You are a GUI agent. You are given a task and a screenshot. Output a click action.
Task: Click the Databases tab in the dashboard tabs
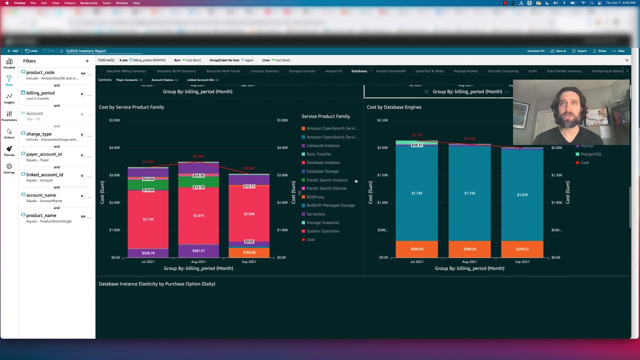point(359,71)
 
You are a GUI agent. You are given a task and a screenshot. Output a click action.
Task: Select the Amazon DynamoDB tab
point(390,71)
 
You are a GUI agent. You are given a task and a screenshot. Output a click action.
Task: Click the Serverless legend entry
point(315,214)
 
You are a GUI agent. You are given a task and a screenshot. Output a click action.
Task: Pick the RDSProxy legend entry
point(315,197)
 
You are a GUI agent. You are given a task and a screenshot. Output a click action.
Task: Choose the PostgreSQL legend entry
point(591,154)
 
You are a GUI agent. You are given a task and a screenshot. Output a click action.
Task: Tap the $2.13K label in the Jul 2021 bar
point(148,219)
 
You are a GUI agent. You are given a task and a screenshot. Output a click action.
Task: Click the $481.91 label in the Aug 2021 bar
point(198,250)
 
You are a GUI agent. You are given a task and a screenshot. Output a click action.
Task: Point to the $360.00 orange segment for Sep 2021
point(249,252)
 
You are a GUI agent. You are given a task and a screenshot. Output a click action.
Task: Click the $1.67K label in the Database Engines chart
point(522,194)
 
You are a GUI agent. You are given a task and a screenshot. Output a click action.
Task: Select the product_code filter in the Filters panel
point(40,72)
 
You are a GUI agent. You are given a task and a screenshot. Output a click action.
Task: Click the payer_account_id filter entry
point(44,154)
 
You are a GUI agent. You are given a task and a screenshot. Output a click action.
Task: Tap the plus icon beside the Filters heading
point(87,61)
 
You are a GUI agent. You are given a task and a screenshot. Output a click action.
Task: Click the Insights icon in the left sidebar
point(9,98)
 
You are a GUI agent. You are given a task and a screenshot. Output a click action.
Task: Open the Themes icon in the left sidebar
point(9,151)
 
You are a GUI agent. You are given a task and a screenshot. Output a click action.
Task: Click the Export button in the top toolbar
point(579,51)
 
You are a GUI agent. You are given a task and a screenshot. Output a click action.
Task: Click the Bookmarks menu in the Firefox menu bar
point(89,3)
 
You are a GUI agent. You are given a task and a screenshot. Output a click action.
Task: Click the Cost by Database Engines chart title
point(394,107)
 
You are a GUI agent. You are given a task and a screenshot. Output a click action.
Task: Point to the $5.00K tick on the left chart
point(114,120)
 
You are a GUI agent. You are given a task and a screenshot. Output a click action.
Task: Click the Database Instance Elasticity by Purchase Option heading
point(157,284)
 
